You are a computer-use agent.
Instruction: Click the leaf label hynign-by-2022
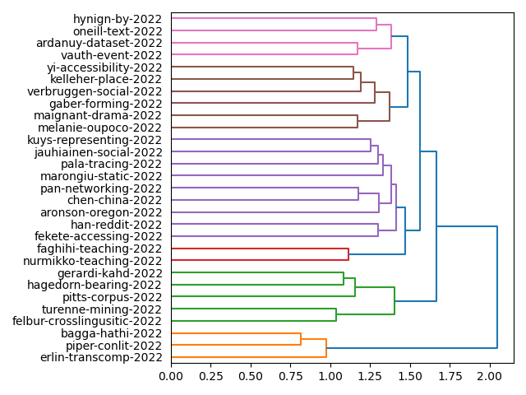pyautogui.click(x=118, y=19)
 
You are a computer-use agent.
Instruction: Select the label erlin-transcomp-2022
pyautogui.click(x=102, y=357)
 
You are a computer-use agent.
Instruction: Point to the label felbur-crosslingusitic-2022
pyautogui.click(x=88, y=321)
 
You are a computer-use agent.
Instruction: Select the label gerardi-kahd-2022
pyautogui.click(x=109, y=272)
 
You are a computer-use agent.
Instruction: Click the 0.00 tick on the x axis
pyautogui.click(x=171, y=376)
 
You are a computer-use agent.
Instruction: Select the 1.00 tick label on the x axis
pyautogui.click(x=330, y=376)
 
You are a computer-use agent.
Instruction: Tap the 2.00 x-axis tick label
pyautogui.click(x=490, y=376)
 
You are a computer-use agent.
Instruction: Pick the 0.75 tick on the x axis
pyautogui.click(x=290, y=376)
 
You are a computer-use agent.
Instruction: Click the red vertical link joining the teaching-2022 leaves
pyautogui.click(x=348, y=254)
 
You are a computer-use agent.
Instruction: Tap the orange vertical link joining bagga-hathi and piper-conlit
pyautogui.click(x=301, y=339)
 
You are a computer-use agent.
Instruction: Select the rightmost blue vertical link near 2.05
pyautogui.click(x=497, y=287)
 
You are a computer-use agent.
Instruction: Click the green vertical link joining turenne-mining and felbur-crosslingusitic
pyautogui.click(x=336, y=315)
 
